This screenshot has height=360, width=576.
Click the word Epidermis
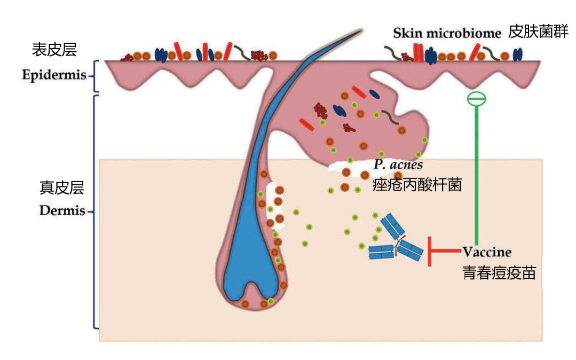tap(54, 75)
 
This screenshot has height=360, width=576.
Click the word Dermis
tap(62, 210)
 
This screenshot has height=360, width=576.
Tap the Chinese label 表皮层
tap(54, 50)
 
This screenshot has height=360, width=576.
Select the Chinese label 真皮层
tap(62, 187)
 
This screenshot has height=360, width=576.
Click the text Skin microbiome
tap(447, 33)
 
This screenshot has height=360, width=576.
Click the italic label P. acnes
tap(398, 165)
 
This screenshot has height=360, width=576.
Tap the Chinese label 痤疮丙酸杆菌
tap(417, 185)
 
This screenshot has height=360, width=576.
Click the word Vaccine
tap(487, 252)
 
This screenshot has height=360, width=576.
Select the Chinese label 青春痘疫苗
tap(499, 272)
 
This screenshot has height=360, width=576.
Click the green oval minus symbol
tap(477, 99)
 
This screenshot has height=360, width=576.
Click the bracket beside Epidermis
tap(95, 76)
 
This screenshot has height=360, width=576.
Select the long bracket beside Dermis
tap(95, 212)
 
